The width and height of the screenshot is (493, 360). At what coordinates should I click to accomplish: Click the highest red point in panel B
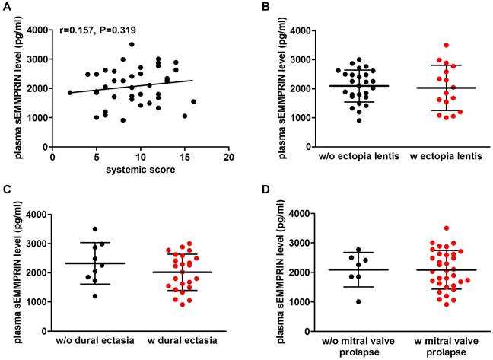pos(425,46)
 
